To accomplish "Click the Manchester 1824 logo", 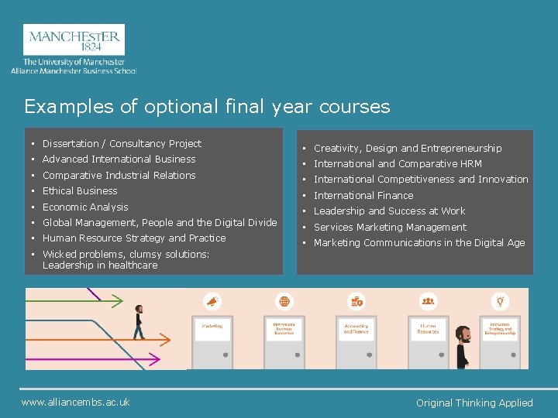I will point(74,40).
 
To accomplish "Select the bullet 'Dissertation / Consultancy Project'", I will point(122,144).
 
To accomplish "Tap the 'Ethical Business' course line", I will point(80,191).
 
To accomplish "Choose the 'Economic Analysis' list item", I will point(85,207).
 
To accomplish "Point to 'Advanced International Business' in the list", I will point(119,159).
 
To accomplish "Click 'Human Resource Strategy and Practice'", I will point(134,238).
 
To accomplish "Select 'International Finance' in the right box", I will point(363,196).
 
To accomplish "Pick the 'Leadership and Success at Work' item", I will point(389,211).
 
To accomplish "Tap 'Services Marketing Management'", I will point(390,228).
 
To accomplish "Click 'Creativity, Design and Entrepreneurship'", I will point(408,149).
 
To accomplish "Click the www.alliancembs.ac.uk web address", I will point(76,402).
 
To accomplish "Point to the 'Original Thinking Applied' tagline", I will point(474,403).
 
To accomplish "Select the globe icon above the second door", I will point(284,301).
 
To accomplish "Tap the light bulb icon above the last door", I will point(501,301).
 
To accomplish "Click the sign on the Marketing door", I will point(212,327).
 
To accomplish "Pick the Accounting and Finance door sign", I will point(356,328).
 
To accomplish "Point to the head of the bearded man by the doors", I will point(463,334).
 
